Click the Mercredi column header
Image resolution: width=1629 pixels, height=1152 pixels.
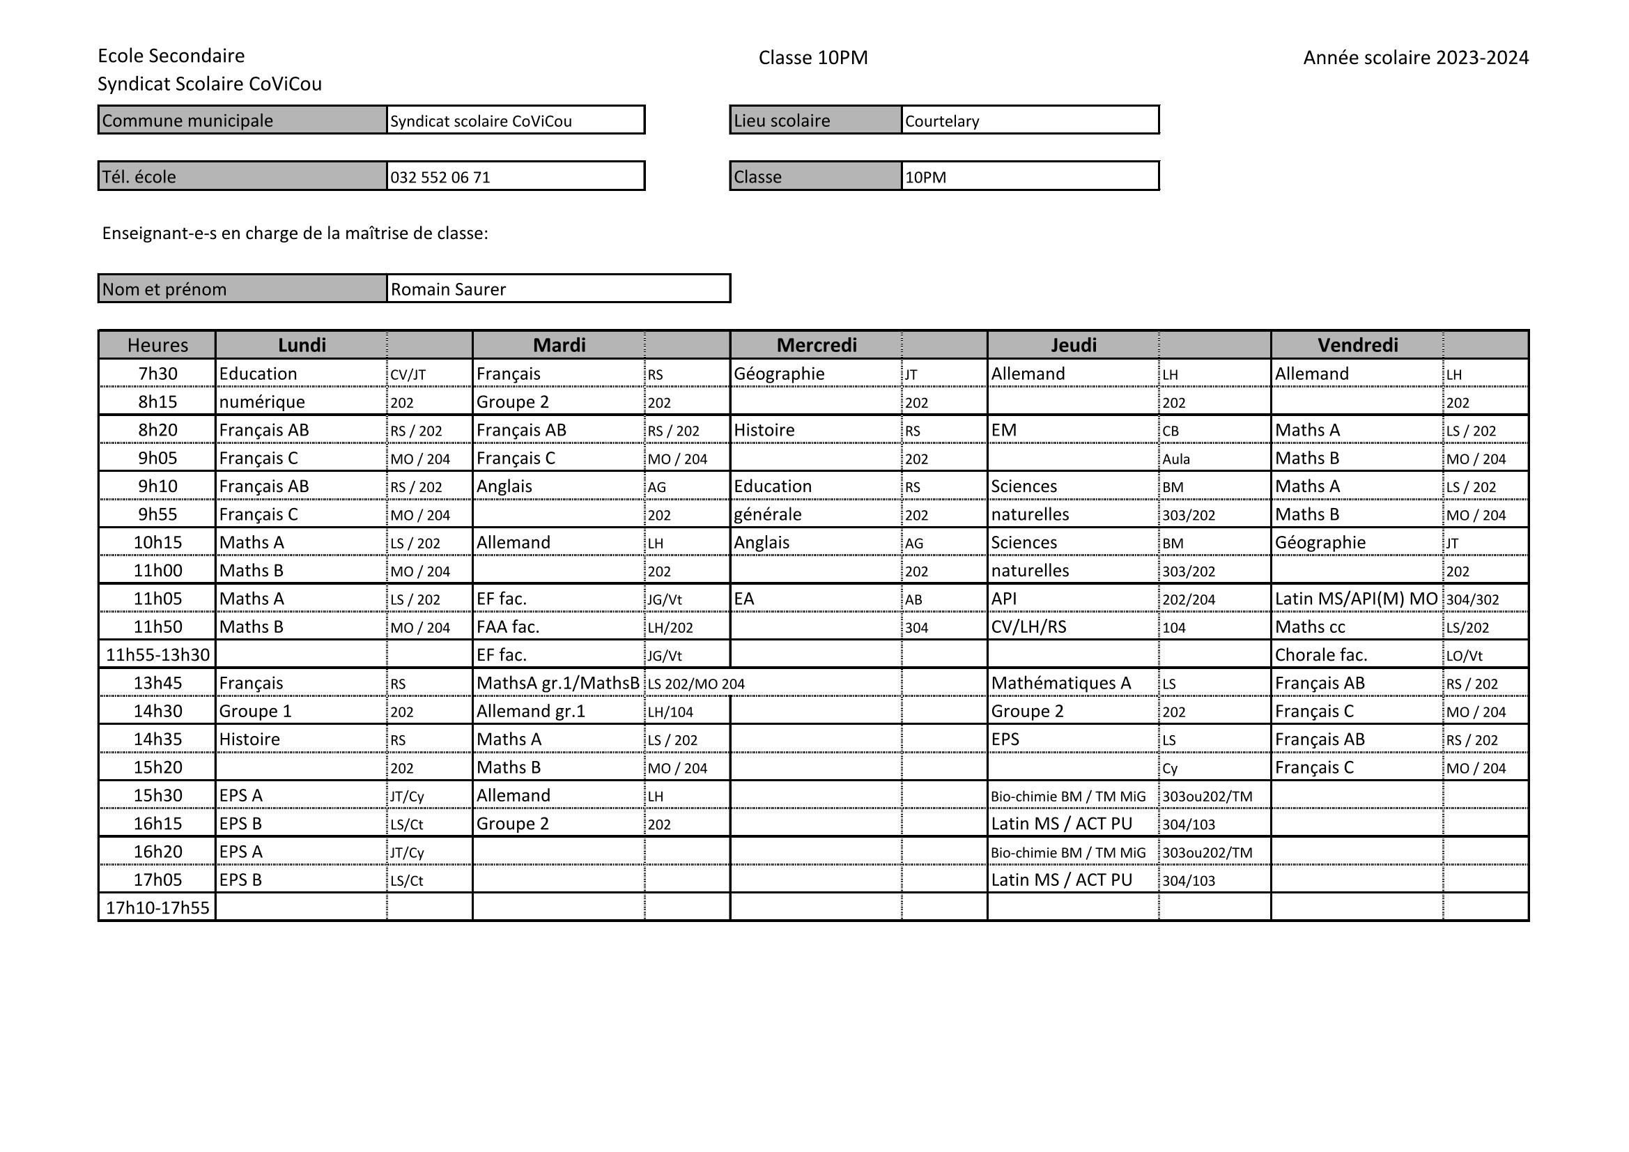pyautogui.click(x=816, y=345)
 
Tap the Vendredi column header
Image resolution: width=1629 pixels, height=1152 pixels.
pyautogui.click(x=1357, y=345)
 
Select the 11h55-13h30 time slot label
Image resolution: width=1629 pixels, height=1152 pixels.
pyautogui.click(x=157, y=654)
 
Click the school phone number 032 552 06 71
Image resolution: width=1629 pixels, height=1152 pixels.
pyautogui.click(x=440, y=178)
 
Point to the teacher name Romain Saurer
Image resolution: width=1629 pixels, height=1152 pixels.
pyautogui.click(x=449, y=290)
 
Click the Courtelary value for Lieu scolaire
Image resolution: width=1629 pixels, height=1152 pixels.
pyautogui.click(x=942, y=121)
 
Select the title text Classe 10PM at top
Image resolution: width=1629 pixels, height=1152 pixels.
pyautogui.click(x=813, y=57)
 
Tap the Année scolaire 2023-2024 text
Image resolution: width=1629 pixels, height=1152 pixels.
pyautogui.click(x=1415, y=57)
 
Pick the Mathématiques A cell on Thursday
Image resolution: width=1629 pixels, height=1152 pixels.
pyautogui.click(x=1060, y=683)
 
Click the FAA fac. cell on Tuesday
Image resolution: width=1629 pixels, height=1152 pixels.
pyautogui.click(x=508, y=627)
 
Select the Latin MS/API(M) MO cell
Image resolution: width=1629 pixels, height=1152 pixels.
pyautogui.click(x=1356, y=599)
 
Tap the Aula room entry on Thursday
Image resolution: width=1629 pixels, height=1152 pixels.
pyautogui.click(x=1175, y=459)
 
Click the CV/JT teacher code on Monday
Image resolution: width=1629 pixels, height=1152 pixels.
pyautogui.click(x=408, y=375)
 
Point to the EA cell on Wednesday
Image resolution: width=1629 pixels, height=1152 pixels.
pyautogui.click(x=744, y=599)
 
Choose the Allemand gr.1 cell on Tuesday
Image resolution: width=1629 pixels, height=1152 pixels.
pyautogui.click(x=531, y=712)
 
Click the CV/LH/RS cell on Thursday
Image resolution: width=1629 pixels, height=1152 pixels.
pyautogui.click(x=1029, y=627)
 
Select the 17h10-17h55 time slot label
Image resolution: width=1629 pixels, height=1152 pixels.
pyautogui.click(x=157, y=908)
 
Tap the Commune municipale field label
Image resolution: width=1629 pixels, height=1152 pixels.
pyautogui.click(x=187, y=121)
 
